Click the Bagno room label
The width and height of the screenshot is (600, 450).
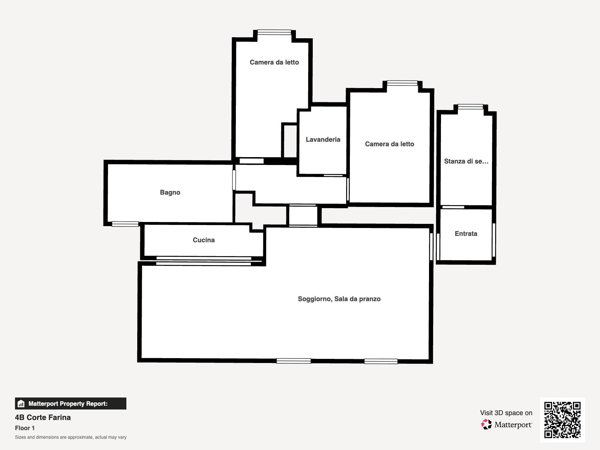coord(170,192)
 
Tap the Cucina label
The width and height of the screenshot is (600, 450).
coord(204,240)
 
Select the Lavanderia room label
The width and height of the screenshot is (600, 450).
coord(323,139)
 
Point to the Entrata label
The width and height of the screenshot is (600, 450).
coord(466,234)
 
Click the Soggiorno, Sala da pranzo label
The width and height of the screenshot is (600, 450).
coord(339,299)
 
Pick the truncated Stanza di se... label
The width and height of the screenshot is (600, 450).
coord(466,161)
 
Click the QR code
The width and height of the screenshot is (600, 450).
coord(562,420)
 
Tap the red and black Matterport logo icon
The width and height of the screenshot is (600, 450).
coord(486,424)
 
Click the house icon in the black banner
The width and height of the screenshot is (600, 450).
coord(21,403)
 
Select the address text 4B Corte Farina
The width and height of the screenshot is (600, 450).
coord(43,417)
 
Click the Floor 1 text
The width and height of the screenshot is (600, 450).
coord(25,428)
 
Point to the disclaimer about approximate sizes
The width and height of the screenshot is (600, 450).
coord(71,437)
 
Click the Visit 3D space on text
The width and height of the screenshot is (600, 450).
coord(506,413)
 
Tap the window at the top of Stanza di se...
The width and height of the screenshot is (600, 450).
coord(470,106)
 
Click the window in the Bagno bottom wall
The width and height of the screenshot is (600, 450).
coord(125,224)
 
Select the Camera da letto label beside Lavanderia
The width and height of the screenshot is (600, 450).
coord(390,144)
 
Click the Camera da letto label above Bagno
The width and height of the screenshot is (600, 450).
coord(274,62)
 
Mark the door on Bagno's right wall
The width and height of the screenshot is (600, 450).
coord(234,180)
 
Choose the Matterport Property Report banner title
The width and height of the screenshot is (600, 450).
coord(68,403)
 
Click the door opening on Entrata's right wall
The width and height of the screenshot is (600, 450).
coord(493,240)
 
